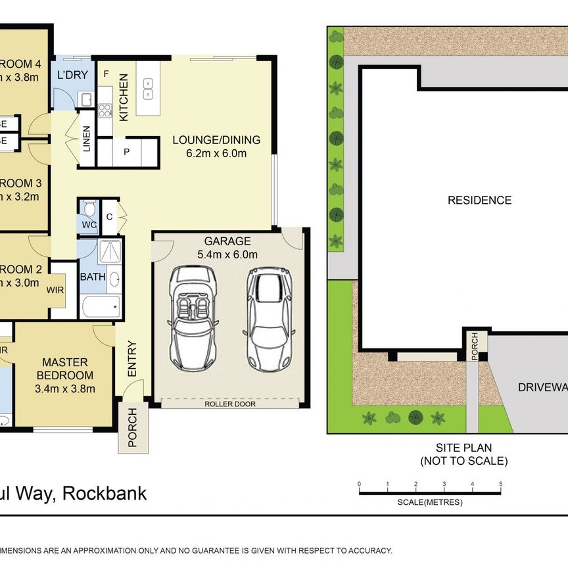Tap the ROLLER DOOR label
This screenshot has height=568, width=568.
229,404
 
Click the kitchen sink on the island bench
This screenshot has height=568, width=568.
148,89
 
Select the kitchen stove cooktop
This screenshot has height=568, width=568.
105,110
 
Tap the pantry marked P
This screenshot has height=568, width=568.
126,152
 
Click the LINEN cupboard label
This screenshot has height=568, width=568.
87,139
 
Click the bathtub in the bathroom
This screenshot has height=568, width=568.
101,306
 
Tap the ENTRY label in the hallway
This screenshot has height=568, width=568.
132,359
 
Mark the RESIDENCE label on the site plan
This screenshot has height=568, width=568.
479,201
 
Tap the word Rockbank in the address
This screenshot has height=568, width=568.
104,494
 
